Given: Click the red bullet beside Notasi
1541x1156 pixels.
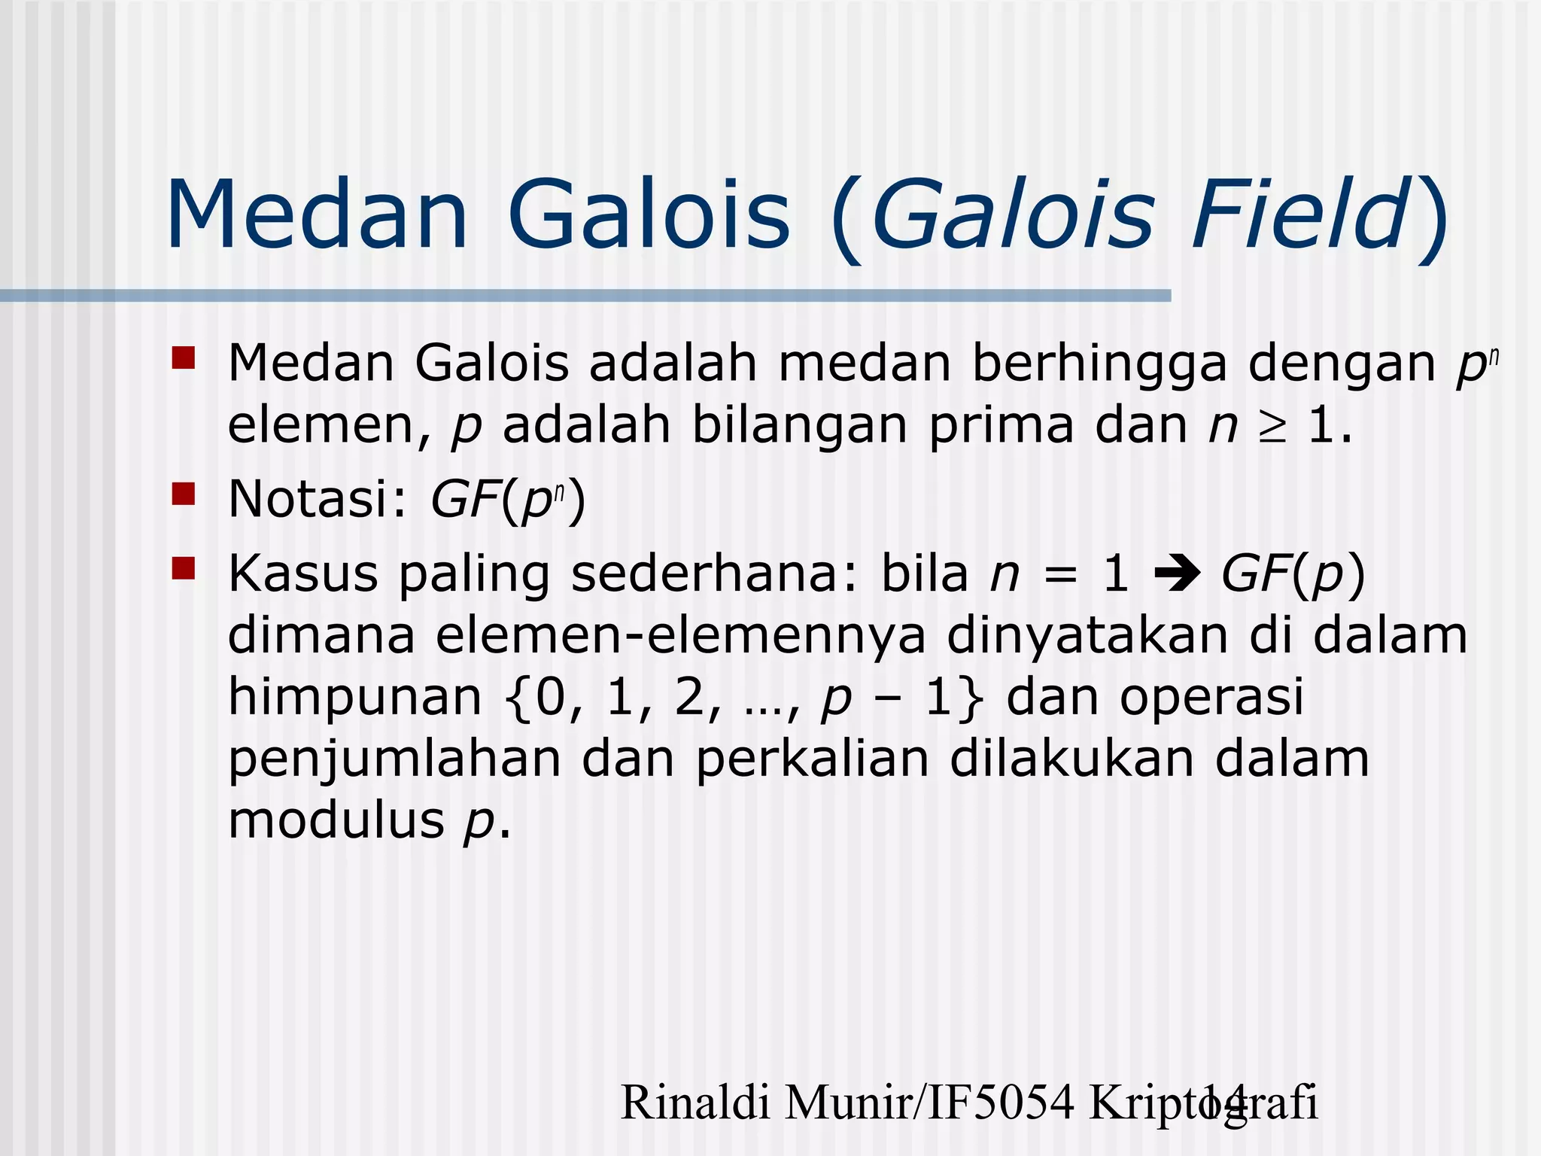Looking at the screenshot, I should (183, 494).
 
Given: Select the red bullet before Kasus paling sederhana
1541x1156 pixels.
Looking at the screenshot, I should (183, 569).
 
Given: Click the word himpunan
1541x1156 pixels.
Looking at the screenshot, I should (354, 698).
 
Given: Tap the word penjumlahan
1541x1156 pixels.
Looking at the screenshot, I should (394, 759).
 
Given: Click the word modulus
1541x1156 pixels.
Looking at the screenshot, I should (336, 820).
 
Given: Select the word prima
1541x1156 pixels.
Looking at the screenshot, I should (1001, 426).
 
